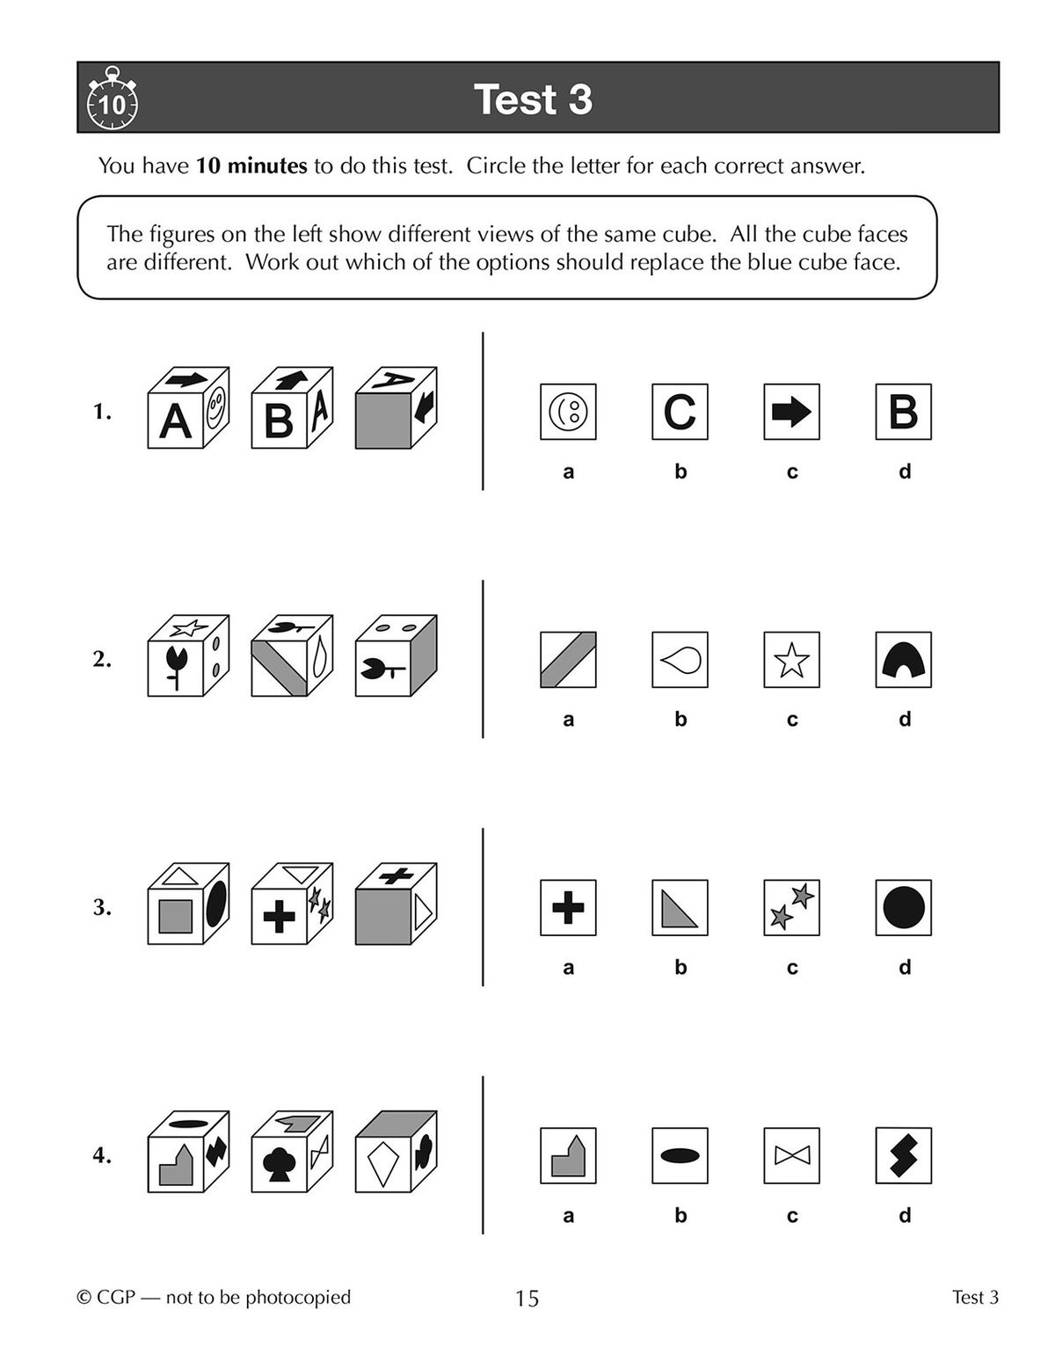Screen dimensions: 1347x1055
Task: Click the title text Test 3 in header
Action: [x=533, y=99]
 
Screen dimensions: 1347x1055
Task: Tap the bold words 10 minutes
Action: [x=251, y=165]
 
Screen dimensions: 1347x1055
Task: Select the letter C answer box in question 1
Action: [x=680, y=412]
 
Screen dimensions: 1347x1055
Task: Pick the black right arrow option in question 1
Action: [x=791, y=412]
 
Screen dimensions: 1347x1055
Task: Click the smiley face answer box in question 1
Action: [x=568, y=412]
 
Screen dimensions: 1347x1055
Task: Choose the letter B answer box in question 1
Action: [x=904, y=412]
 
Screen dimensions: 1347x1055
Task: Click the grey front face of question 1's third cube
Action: [x=383, y=421]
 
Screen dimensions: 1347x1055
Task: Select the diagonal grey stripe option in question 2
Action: [x=568, y=660]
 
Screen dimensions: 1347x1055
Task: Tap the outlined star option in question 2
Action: [x=791, y=660]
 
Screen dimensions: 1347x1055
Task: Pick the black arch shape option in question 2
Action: [x=904, y=660]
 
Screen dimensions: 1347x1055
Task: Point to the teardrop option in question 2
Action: [x=680, y=660]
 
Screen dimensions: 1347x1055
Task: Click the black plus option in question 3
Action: [x=568, y=908]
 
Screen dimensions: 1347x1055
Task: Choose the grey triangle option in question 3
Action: [x=680, y=908]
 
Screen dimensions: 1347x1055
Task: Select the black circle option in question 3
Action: [x=904, y=908]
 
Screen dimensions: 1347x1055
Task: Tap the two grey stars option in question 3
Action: [x=791, y=908]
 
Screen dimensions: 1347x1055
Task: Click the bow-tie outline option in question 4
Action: [x=791, y=1156]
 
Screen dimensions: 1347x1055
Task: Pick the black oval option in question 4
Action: [x=680, y=1156]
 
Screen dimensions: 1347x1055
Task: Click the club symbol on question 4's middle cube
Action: [x=279, y=1164]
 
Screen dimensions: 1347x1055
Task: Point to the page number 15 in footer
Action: [x=527, y=1298]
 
